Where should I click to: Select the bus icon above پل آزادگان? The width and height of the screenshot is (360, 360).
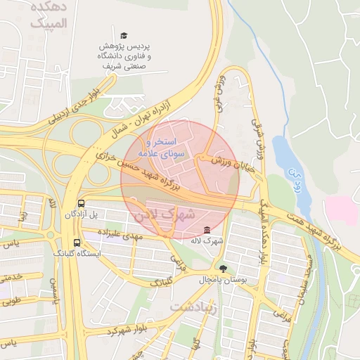[x=82, y=200]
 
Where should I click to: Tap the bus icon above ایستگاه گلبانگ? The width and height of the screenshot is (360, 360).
[x=77, y=243]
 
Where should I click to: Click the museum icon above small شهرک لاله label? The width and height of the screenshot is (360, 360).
[x=206, y=230]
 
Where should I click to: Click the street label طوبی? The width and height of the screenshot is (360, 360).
[x=10, y=303]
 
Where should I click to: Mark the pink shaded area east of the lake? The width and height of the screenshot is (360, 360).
[x=341, y=210]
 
